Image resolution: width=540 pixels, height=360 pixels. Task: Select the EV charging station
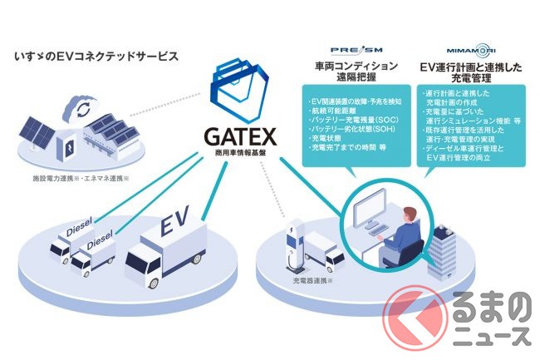296,241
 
